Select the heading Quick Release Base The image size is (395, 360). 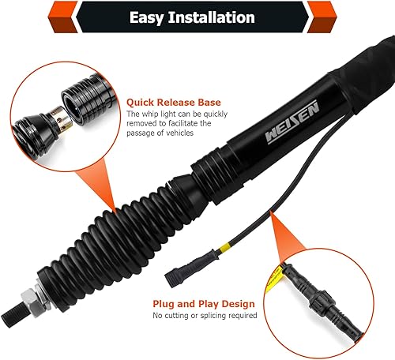click(x=173, y=101)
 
